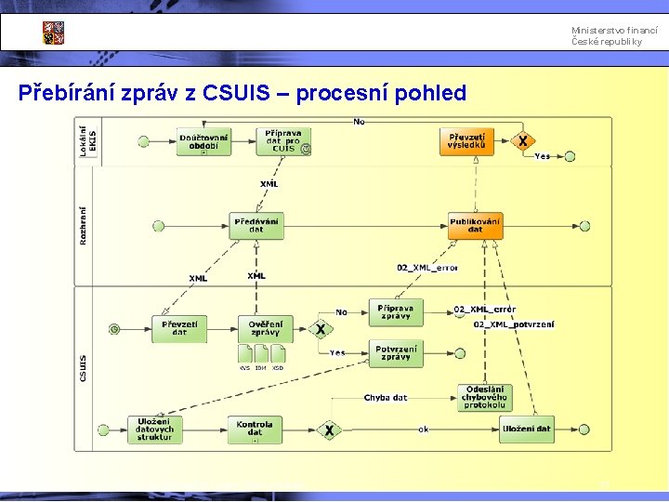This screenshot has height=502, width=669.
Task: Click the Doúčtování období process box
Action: click(203, 142)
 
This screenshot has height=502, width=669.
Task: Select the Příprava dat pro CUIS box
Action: click(283, 141)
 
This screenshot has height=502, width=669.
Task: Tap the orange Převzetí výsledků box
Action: click(466, 141)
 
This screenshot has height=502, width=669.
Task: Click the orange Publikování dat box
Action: click(475, 226)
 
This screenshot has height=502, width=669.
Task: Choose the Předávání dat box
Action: click(256, 226)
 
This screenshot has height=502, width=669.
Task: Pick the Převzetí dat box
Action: click(179, 328)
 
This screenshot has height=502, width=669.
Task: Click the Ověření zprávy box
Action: click(265, 328)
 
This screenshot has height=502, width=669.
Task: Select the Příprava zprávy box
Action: click(395, 311)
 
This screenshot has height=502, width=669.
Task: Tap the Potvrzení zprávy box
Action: click(395, 353)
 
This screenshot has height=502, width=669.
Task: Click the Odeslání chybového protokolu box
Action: click(484, 397)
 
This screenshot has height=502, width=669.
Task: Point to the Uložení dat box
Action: click(526, 429)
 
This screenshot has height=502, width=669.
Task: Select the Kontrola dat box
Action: click(255, 429)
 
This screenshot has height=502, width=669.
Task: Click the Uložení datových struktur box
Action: click(154, 429)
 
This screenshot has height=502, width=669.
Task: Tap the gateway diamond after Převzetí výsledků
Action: click(524, 141)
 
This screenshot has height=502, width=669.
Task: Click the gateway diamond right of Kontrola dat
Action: click(329, 430)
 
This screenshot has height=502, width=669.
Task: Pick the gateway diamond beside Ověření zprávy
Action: click(320, 329)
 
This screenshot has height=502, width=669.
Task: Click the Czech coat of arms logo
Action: click(53, 33)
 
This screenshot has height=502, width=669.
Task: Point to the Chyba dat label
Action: click(385, 398)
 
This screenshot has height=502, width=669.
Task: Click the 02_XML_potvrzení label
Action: click(514, 324)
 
